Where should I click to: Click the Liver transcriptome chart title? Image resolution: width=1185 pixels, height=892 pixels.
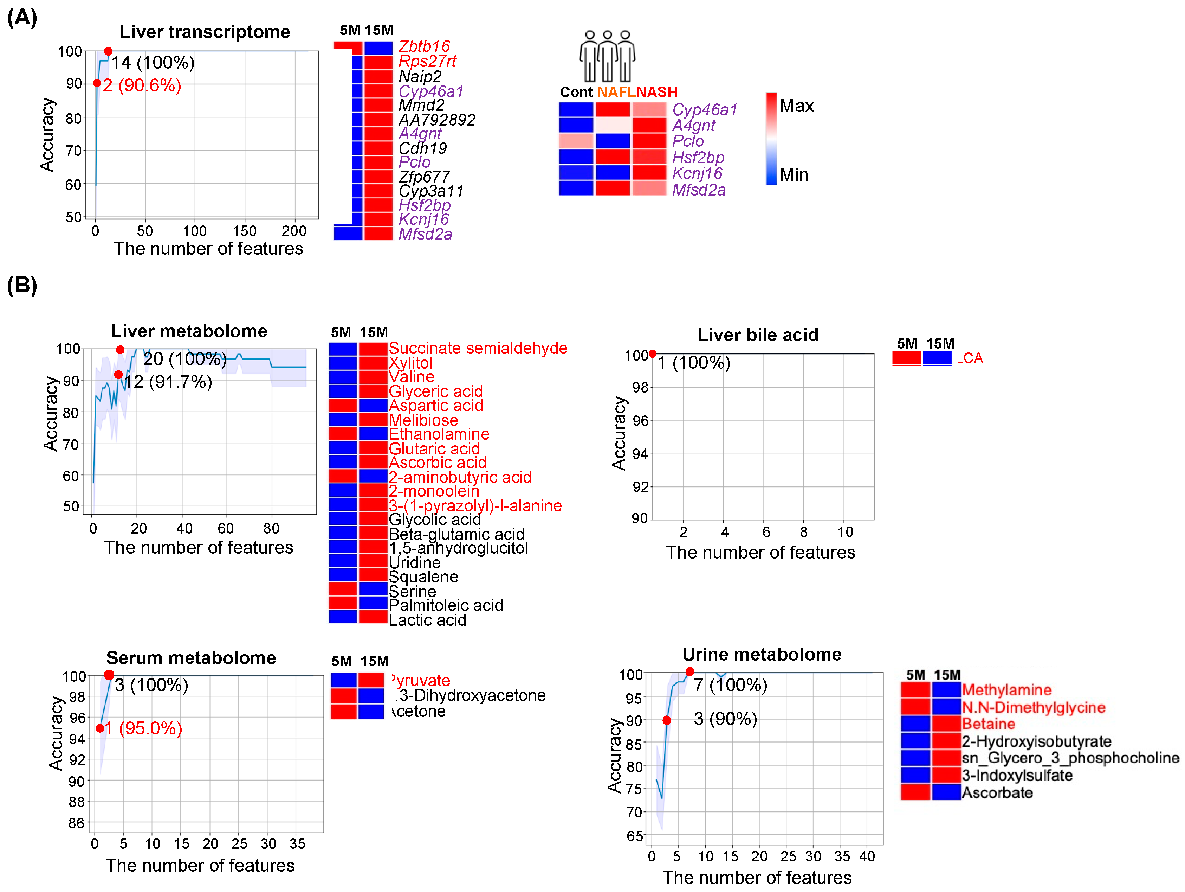pos(205,32)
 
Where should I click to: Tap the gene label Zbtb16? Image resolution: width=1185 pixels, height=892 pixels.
pos(424,46)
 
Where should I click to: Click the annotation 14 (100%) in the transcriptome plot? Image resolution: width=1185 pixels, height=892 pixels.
pos(153,63)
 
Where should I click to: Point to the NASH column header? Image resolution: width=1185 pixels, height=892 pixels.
pos(657,92)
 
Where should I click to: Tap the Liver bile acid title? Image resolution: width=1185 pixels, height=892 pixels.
pos(758,335)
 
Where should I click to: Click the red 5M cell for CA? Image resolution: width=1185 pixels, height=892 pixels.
pos(906,358)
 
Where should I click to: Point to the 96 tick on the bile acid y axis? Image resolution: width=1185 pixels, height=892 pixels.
pos(640,420)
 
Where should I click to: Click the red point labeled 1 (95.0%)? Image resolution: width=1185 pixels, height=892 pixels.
pos(100,728)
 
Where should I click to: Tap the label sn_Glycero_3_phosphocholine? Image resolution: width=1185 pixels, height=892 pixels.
pos(1070,758)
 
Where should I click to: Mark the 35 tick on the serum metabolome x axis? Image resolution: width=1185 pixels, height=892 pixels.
pos(297,844)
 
